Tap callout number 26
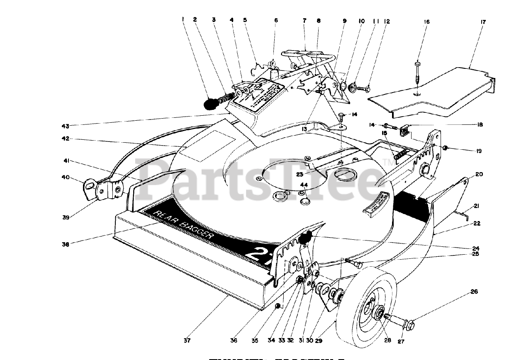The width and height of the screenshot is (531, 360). point(475,292)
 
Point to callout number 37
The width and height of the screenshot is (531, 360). point(187,341)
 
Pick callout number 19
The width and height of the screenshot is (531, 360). point(479,151)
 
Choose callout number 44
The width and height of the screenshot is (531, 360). point(304,185)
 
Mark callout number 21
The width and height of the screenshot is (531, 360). point(476,206)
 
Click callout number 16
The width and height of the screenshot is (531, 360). point(427,22)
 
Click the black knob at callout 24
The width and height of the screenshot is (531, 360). point(307,238)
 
